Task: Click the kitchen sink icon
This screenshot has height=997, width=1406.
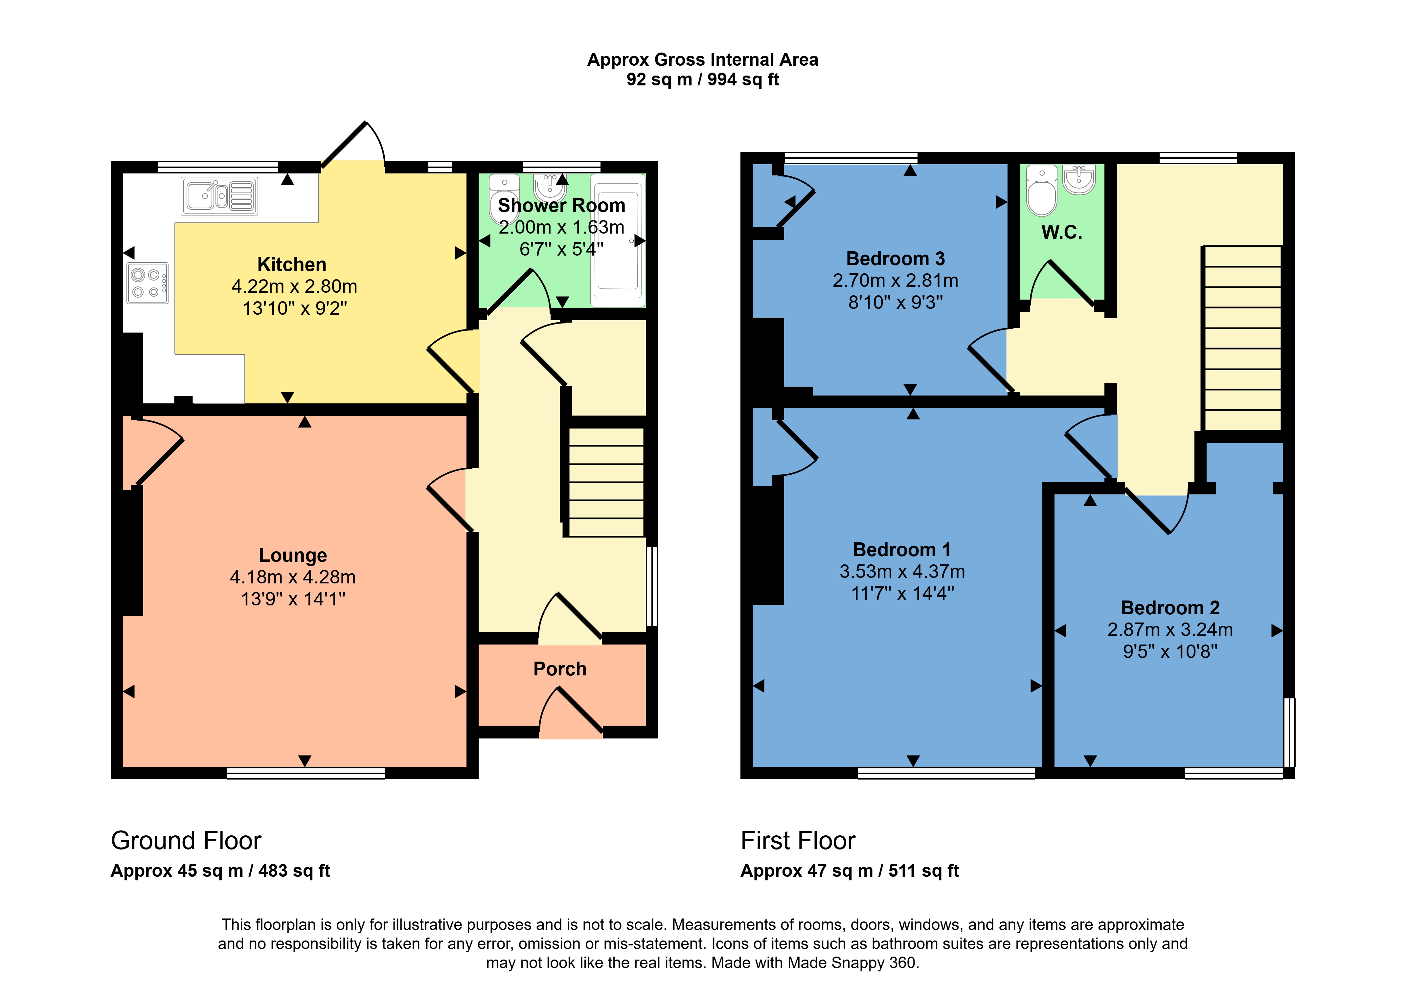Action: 219,196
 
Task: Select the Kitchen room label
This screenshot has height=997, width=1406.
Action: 292,264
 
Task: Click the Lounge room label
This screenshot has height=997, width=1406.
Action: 293,555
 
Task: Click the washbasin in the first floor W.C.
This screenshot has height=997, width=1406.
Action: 1079,179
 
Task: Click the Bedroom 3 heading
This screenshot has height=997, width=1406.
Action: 895,259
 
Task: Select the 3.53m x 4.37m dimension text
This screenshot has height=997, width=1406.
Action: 902,572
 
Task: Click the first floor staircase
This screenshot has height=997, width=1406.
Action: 1242,338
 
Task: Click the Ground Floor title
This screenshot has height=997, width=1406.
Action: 186,840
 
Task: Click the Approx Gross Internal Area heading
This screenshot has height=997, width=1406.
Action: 702,59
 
